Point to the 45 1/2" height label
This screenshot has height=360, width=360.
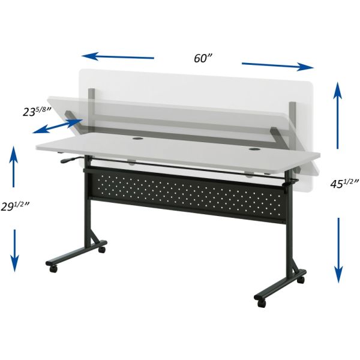344,184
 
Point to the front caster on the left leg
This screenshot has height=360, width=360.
54,269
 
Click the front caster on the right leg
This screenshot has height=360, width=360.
260,299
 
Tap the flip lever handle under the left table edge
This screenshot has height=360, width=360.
68,160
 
